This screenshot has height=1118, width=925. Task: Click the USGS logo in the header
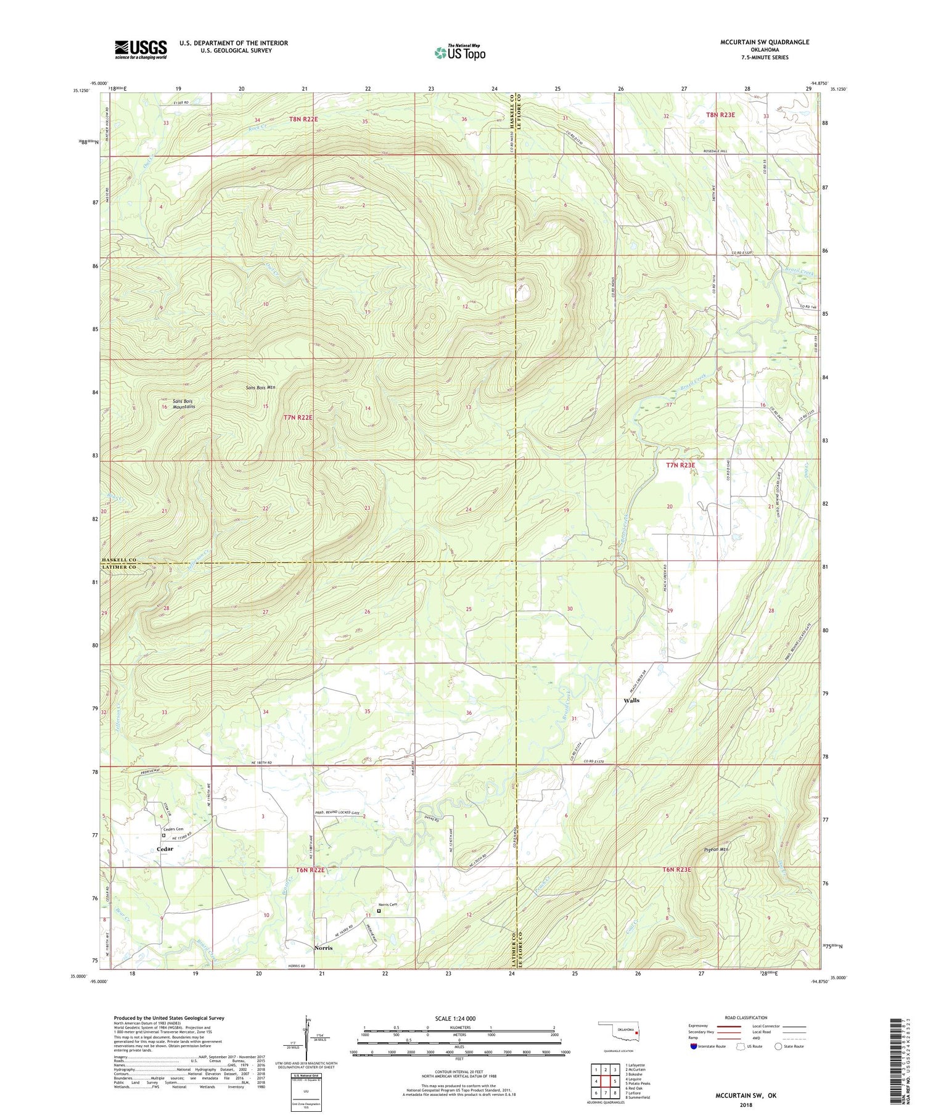coord(141,49)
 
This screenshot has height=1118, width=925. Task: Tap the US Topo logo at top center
coord(459,52)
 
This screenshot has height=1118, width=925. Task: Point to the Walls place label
coord(631,701)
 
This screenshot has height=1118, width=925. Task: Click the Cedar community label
coord(165,849)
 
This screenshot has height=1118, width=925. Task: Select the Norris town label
coord(323,948)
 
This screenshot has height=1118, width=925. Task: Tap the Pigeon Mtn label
coord(716,850)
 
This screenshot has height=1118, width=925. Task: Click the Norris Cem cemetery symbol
coord(379,911)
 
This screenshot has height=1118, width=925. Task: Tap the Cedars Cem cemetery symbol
coord(164,836)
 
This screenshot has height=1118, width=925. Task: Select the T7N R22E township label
coord(298,417)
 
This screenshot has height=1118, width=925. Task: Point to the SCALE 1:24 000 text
coord(456,1019)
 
